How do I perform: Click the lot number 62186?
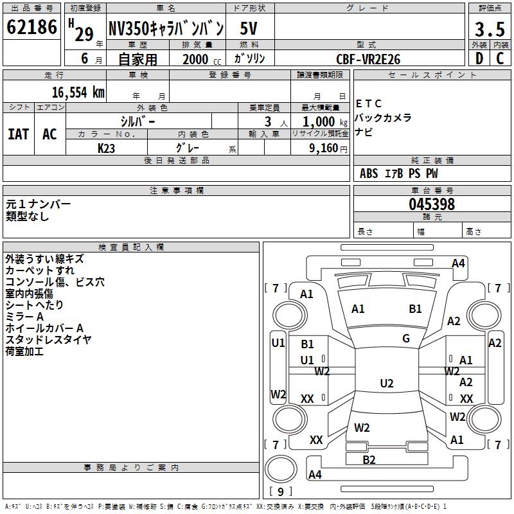click(x=31, y=26)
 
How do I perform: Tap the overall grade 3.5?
click(x=490, y=29)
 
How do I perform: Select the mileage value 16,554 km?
click(x=78, y=93)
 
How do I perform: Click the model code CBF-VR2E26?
click(x=368, y=59)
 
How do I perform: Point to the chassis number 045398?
click(x=432, y=204)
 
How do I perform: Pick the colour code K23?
click(x=106, y=148)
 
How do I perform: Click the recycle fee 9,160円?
click(x=328, y=148)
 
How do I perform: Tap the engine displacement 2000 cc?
click(x=202, y=59)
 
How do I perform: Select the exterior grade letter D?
click(x=479, y=58)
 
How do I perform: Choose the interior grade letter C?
click(x=500, y=58)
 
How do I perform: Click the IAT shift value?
click(x=19, y=134)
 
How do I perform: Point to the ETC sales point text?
click(x=369, y=103)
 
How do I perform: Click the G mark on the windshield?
click(x=406, y=339)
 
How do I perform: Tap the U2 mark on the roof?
click(x=387, y=383)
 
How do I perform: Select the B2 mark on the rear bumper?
click(x=369, y=459)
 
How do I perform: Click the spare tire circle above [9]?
click(x=281, y=469)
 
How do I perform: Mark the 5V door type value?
click(x=249, y=28)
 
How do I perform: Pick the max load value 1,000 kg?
click(x=325, y=122)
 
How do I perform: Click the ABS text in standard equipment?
click(x=369, y=173)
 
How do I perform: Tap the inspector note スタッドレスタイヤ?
click(x=48, y=340)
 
